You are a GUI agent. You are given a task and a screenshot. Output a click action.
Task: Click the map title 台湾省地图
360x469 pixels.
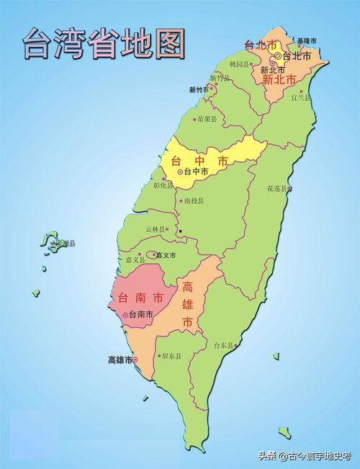103,44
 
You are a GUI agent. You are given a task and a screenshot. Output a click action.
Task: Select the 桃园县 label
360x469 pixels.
240,64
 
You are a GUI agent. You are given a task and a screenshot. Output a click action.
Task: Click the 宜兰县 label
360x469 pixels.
300,97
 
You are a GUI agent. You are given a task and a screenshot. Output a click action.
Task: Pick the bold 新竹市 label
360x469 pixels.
199,90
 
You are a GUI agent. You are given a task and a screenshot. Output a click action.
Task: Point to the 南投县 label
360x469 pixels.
194,201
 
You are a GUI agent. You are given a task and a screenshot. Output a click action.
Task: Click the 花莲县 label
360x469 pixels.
278,189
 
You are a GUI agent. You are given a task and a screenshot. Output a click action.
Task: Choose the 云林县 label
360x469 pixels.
155,229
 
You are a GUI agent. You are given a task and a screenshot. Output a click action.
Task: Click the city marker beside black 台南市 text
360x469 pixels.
126,315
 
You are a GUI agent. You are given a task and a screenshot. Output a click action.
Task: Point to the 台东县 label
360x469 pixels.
224,346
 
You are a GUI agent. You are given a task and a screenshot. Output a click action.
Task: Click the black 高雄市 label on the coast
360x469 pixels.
120,359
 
